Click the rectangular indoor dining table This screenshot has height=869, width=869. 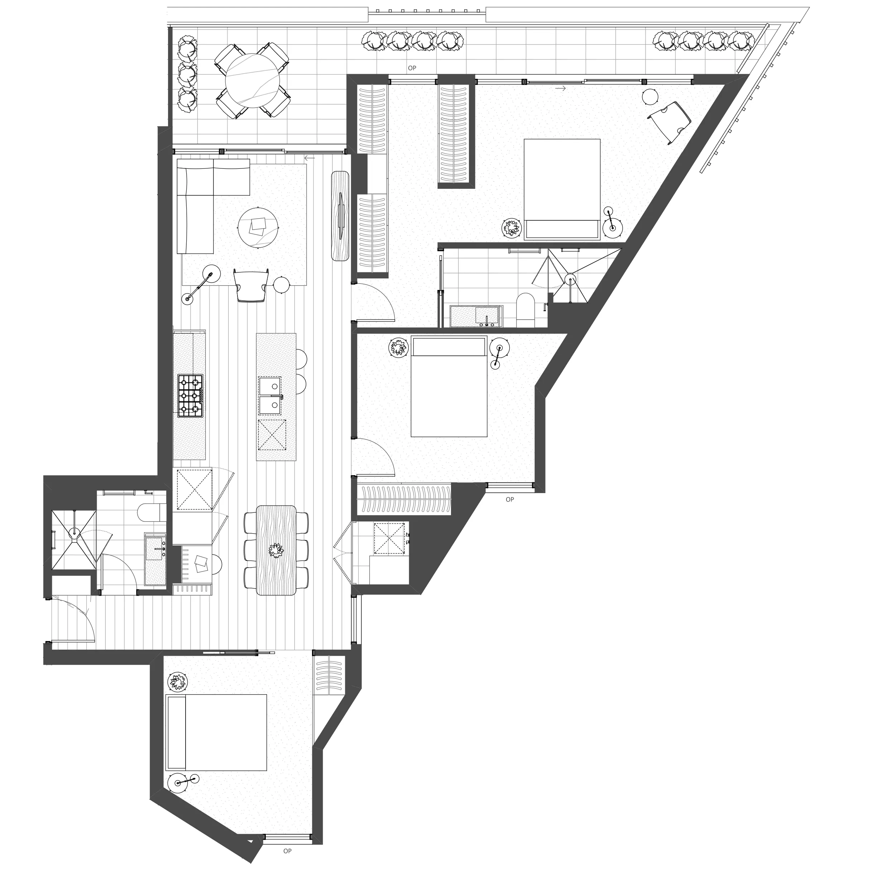276,550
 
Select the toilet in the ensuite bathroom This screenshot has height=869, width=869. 525,310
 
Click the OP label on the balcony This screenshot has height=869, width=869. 412,68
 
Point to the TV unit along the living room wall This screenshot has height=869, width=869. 341,216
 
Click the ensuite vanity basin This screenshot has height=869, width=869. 486,315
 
